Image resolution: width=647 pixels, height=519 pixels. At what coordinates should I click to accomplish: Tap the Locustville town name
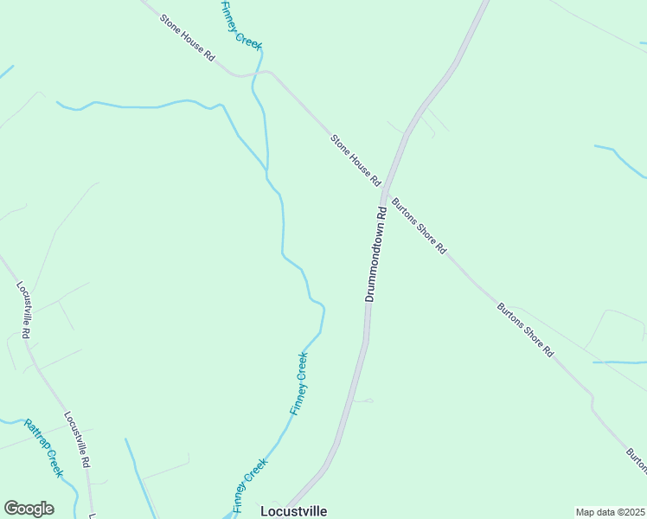click(294, 511)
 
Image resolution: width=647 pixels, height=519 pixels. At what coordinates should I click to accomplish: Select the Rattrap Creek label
click(44, 448)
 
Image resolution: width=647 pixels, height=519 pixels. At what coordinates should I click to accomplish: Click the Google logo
click(29, 509)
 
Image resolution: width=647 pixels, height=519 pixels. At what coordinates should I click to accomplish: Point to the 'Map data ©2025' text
click(611, 512)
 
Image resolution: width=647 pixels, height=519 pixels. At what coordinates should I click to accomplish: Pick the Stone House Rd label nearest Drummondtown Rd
click(356, 160)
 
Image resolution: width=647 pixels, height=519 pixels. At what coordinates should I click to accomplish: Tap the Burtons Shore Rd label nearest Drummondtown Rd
click(420, 226)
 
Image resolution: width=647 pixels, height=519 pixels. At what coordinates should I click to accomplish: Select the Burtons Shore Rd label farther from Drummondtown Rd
click(525, 329)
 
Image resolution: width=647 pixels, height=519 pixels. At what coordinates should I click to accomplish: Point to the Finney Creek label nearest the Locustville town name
click(250, 484)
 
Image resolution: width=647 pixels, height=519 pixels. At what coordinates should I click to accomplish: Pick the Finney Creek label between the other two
click(299, 383)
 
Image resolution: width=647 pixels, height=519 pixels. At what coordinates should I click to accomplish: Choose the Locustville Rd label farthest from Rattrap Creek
click(24, 309)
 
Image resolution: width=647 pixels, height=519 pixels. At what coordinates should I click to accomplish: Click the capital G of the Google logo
click(11, 509)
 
